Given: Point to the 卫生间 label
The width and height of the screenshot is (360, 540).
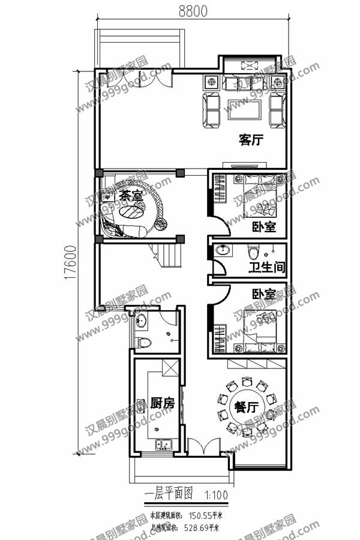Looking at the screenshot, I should tap(266, 267).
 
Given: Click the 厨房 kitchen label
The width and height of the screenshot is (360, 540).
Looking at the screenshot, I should tap(162, 403).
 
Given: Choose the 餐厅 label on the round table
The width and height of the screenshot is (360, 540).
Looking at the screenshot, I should tap(247, 407).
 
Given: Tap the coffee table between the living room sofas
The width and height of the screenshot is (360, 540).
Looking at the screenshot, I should tap(243, 110).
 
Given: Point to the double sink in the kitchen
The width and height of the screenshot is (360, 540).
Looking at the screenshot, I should tap(163, 445).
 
